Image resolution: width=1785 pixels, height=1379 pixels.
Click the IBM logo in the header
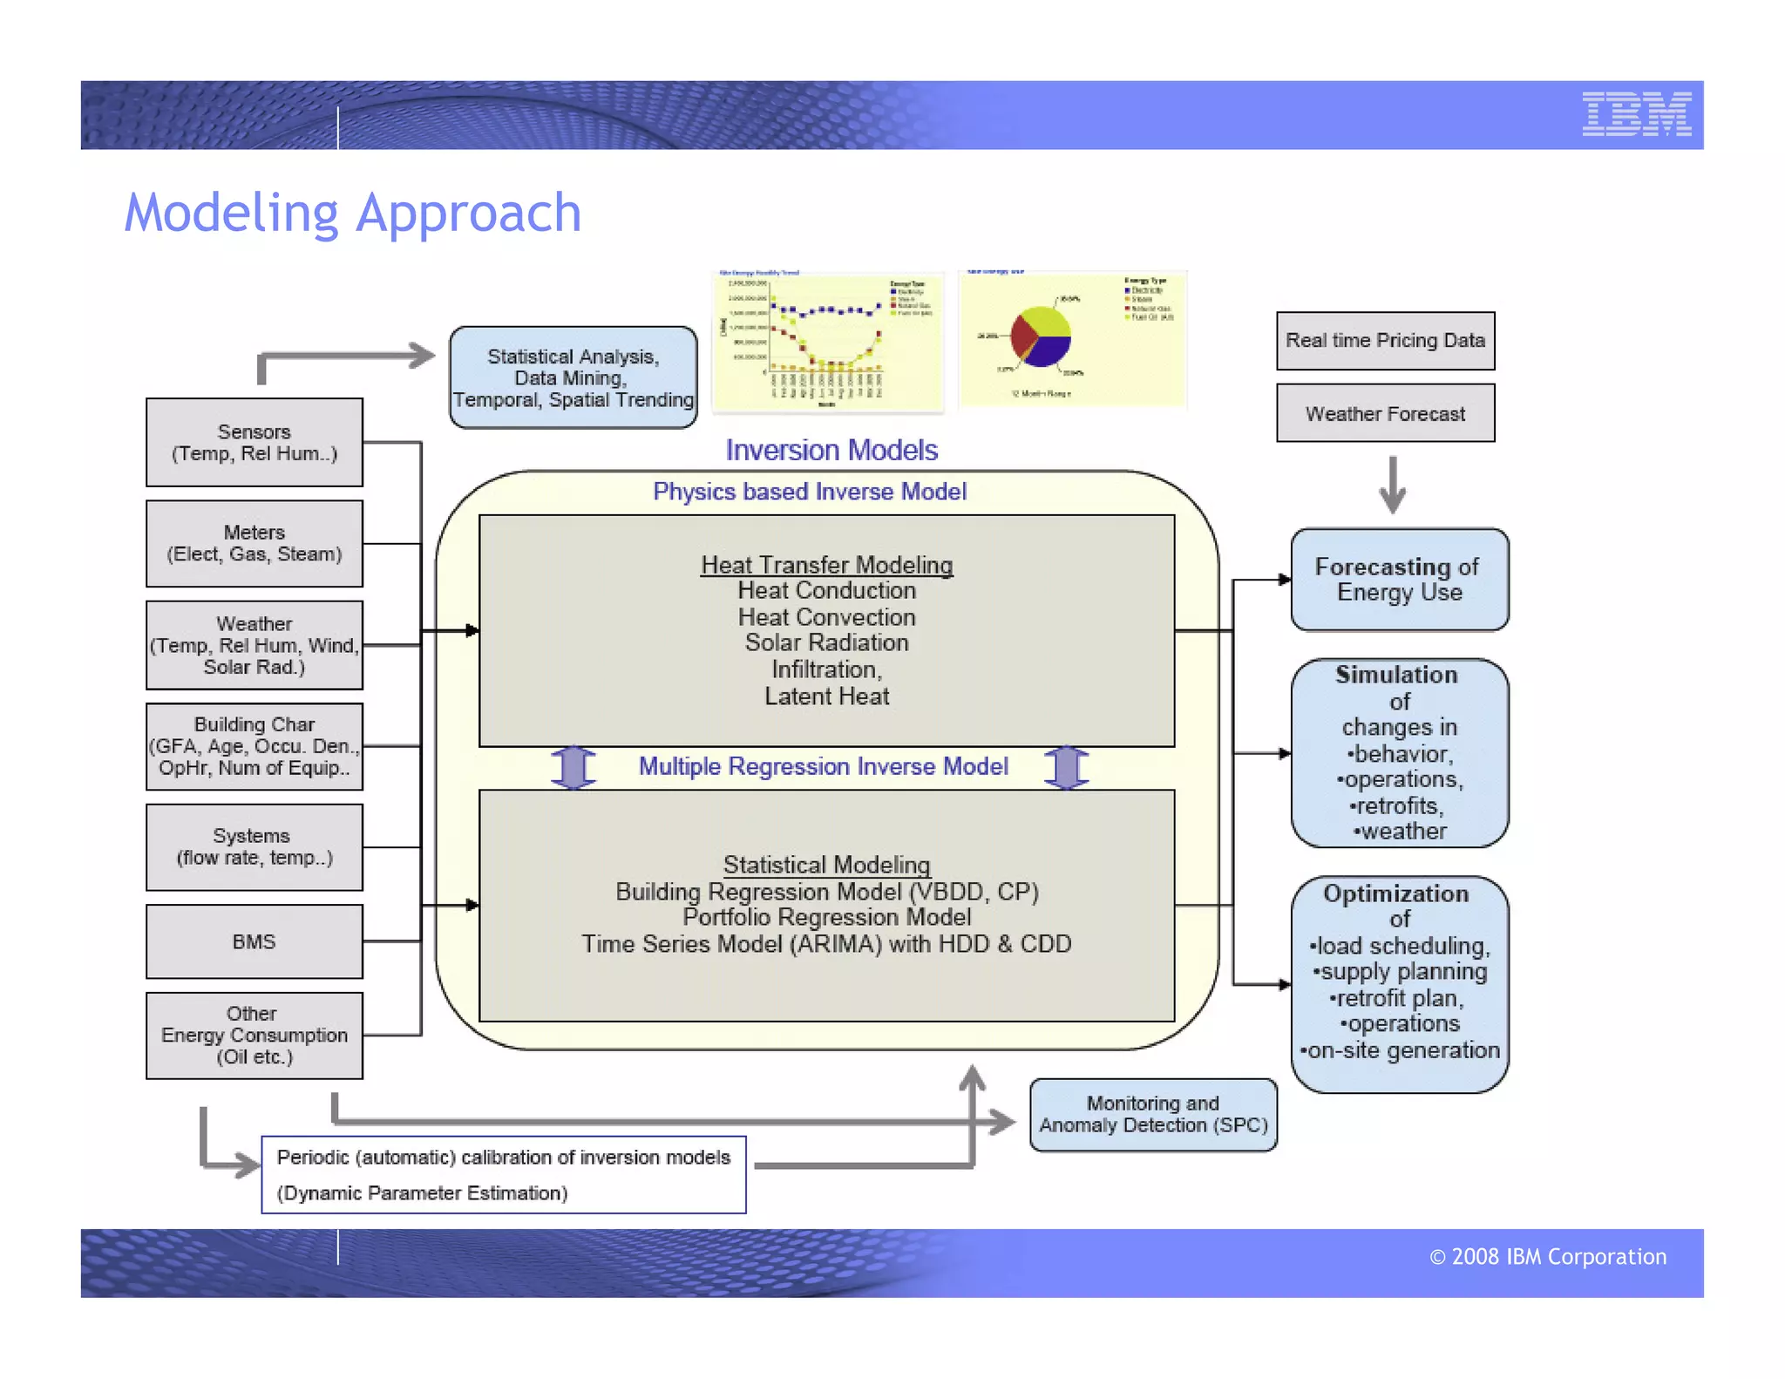coord(1636,114)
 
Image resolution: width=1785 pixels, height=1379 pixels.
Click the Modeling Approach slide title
coord(352,213)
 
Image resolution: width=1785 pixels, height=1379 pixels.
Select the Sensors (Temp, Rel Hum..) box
coord(254,443)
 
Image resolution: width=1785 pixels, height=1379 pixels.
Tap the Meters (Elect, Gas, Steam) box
coord(254,543)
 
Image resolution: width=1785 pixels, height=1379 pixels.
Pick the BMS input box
coord(254,941)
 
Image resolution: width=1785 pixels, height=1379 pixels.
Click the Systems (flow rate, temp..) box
coord(254,846)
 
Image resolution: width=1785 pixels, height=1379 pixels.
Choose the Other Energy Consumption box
coord(254,1036)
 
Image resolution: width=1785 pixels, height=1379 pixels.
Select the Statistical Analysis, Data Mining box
coord(573,377)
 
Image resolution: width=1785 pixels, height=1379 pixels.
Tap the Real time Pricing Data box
coord(1385,341)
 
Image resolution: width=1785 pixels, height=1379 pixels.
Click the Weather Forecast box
coord(1385,413)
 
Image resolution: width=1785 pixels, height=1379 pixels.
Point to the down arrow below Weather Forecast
coord(1392,485)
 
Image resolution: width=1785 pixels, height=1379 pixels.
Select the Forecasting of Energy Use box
coord(1399,580)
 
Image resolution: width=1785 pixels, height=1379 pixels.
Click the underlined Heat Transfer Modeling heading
coord(826,565)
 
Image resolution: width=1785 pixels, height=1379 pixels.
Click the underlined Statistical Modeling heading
coord(826,865)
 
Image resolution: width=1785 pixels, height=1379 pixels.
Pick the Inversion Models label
coord(831,450)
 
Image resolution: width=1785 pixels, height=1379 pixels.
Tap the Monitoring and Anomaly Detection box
coord(1152,1115)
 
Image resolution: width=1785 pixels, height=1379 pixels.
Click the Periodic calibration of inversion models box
coord(503,1174)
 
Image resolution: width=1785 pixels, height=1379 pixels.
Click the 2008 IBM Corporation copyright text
coord(1547,1256)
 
